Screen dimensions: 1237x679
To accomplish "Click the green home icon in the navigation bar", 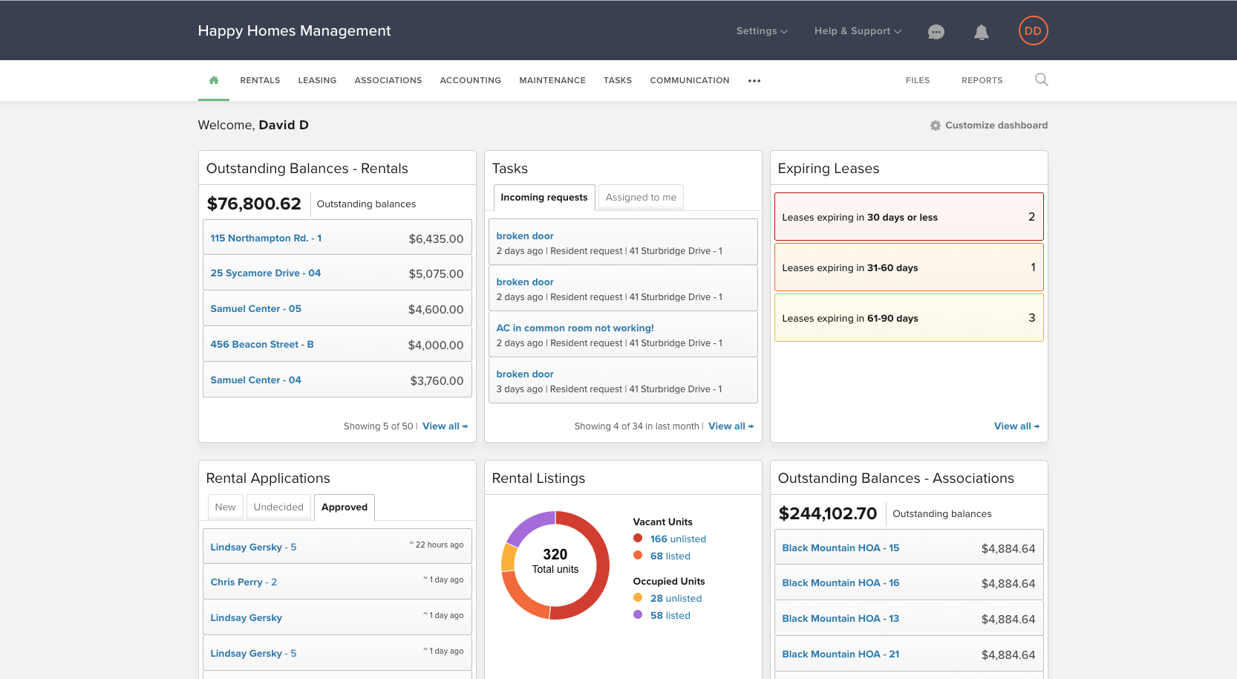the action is coord(214,80).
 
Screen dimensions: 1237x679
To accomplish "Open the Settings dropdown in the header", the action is coord(762,31).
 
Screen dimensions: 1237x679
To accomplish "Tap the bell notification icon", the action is coord(982,32).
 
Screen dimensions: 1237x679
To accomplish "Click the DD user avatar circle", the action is coord(1033,31).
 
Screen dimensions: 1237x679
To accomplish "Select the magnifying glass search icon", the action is coord(1041,79).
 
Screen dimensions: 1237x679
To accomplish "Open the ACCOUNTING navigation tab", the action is coord(471,80).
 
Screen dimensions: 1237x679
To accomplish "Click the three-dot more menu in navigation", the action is coord(754,81).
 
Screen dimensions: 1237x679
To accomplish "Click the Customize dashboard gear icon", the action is coord(935,126).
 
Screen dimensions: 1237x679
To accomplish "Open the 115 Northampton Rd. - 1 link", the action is coord(266,238).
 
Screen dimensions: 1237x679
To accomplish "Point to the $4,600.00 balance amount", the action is coord(436,309).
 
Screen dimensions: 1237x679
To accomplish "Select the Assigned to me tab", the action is coord(641,197).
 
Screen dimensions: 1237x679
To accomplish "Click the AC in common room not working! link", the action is coord(575,328).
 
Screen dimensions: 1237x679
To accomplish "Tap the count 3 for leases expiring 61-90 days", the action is coord(1031,318).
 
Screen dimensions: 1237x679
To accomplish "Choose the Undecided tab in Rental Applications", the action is coord(278,507).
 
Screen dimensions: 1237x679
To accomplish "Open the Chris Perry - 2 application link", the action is coord(244,582).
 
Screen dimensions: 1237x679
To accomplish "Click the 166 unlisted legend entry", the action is coord(678,539).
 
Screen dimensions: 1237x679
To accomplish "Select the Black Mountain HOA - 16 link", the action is coord(841,583).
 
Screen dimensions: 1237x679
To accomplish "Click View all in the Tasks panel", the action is coord(731,426).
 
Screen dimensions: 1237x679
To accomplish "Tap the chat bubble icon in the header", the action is coord(936,32).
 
